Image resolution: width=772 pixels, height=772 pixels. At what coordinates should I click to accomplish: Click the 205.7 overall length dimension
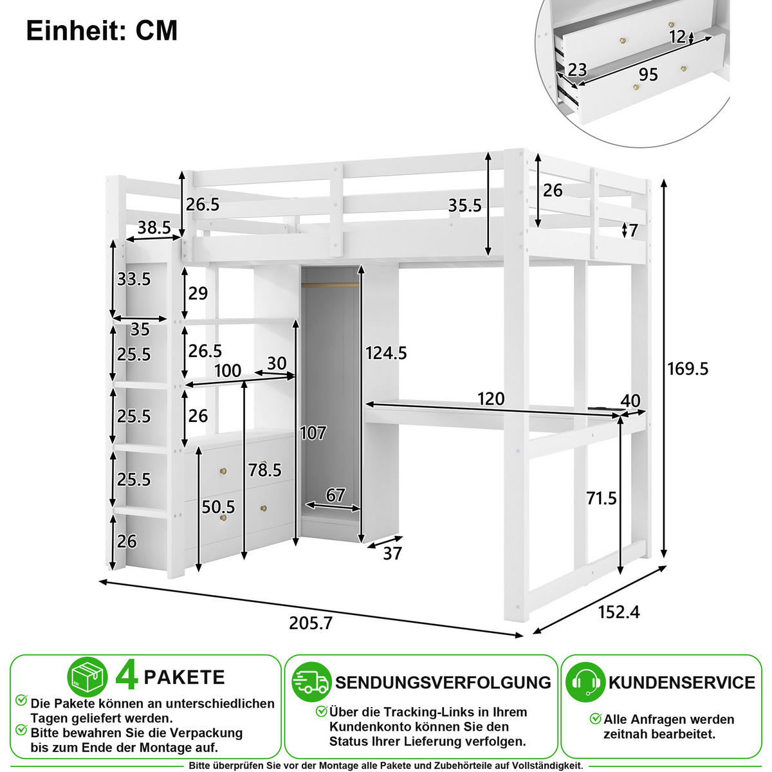click(311, 623)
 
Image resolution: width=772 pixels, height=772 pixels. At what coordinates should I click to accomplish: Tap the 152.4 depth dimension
click(619, 612)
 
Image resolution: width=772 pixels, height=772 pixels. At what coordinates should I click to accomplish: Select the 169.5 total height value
click(688, 369)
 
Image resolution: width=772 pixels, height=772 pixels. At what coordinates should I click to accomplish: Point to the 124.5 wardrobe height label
click(386, 353)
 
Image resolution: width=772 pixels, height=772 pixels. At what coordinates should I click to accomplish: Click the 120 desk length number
click(491, 399)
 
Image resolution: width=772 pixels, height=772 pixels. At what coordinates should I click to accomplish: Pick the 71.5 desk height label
click(602, 499)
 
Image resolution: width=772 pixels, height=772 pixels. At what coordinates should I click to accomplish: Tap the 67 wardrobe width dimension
click(335, 495)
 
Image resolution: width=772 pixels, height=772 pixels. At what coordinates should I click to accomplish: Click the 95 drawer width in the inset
click(648, 75)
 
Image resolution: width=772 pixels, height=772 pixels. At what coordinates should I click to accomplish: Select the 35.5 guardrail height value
click(464, 205)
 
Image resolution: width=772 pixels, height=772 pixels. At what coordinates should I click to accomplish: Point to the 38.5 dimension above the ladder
click(154, 228)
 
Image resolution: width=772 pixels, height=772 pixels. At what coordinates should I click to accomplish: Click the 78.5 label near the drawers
click(265, 470)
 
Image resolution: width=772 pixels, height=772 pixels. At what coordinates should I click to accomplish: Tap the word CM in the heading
click(156, 30)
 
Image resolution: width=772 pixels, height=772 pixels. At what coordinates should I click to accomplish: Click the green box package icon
click(87, 677)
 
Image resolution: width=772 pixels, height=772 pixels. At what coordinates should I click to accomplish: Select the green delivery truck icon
click(311, 683)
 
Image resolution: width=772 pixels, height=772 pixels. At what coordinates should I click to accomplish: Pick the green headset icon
click(585, 682)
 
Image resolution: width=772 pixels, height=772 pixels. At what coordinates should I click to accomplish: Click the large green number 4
click(127, 677)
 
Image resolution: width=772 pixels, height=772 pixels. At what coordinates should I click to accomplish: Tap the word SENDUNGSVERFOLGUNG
click(443, 683)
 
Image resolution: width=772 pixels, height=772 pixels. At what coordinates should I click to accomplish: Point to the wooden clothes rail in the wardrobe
click(330, 285)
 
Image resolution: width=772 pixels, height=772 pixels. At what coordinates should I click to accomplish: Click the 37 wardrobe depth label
click(392, 554)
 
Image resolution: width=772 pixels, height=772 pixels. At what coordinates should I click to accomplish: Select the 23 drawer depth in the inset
click(577, 69)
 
